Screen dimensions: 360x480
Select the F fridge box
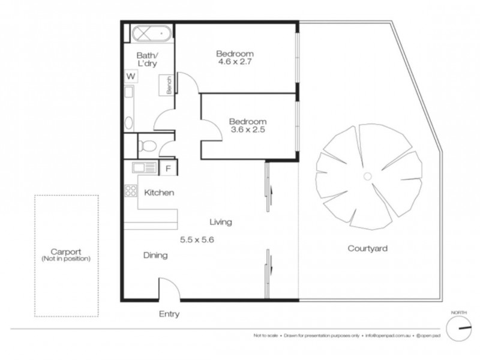168,168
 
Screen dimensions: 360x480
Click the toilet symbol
147,145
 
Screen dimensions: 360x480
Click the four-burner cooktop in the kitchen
130,191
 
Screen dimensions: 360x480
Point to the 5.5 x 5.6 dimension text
197,239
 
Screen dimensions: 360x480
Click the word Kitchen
159,193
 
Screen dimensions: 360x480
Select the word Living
220,222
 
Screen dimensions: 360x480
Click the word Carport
66,251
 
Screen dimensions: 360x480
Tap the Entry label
169,314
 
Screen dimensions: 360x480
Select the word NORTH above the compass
460,311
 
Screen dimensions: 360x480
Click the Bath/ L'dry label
147,61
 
